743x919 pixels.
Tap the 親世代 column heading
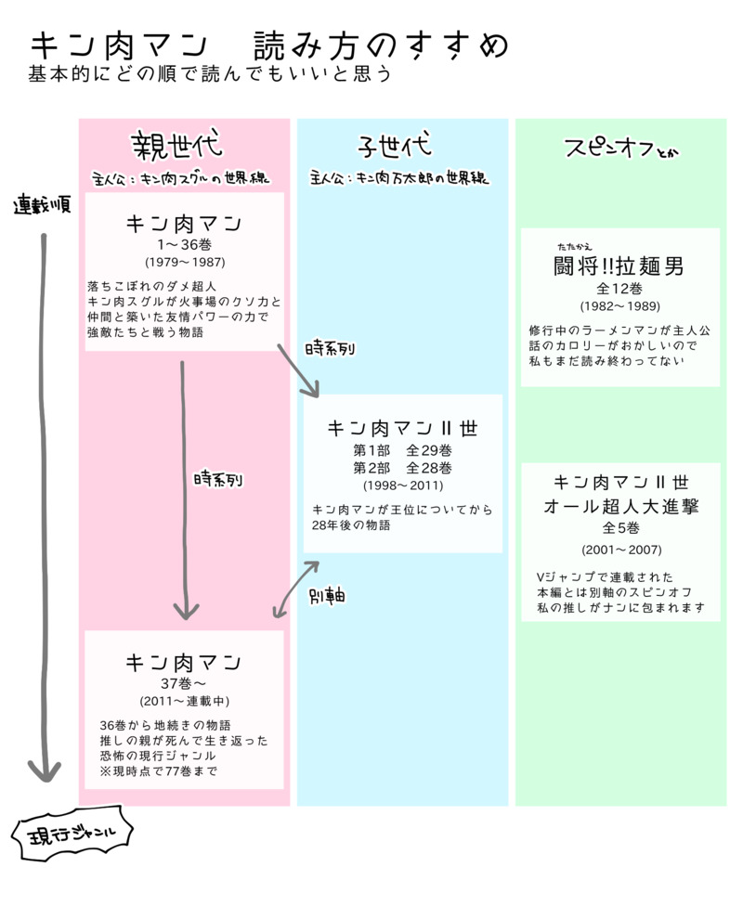176,146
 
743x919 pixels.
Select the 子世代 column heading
395,147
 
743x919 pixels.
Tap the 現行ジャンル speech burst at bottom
72,838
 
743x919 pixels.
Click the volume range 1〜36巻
184,245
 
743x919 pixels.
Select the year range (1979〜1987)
184,263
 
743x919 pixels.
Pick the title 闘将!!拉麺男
619,267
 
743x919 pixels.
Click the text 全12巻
619,288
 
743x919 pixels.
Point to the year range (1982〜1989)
619,305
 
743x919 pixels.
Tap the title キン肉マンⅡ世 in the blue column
402,429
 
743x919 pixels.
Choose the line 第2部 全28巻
402,467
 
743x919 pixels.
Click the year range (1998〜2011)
402,485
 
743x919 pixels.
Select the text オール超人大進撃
620,507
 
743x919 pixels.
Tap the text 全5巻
620,528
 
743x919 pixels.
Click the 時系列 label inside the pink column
218,479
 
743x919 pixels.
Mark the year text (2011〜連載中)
184,701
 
